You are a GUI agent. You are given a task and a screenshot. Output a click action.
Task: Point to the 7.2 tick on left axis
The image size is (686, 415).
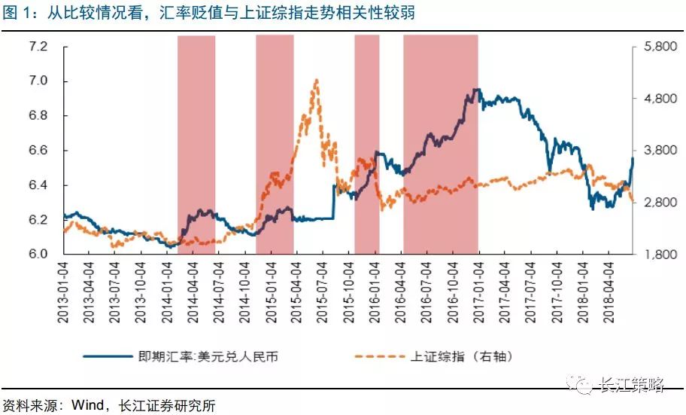tap(38, 47)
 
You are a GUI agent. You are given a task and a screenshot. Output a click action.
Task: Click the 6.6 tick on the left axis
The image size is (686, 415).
tap(38, 151)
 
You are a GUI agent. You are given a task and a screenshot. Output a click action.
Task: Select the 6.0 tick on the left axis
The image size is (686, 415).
tap(38, 255)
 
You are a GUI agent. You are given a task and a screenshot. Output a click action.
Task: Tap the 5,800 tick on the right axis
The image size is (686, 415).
tap(660, 47)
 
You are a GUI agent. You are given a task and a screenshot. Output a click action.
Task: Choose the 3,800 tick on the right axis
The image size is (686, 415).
tap(660, 151)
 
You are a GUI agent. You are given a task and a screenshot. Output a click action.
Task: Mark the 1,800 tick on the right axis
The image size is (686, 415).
tap(660, 255)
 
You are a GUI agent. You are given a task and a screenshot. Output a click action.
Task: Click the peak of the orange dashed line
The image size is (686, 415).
tap(316, 80)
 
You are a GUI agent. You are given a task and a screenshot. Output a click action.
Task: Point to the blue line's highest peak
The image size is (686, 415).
tap(475, 90)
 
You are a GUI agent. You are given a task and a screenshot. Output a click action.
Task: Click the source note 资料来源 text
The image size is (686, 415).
tap(109, 404)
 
